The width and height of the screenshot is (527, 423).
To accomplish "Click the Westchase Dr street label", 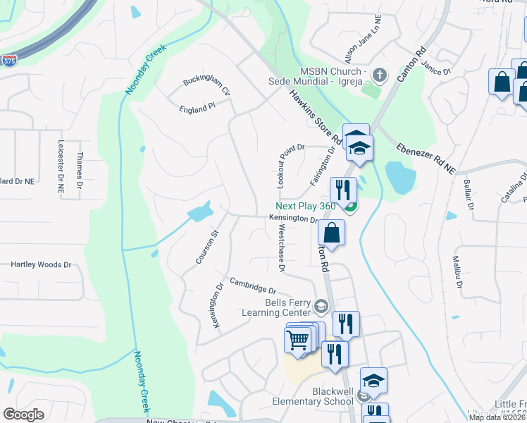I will [280, 248].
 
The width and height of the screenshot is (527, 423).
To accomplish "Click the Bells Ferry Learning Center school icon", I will [321, 307].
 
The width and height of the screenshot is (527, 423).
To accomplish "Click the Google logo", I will [23, 414].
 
